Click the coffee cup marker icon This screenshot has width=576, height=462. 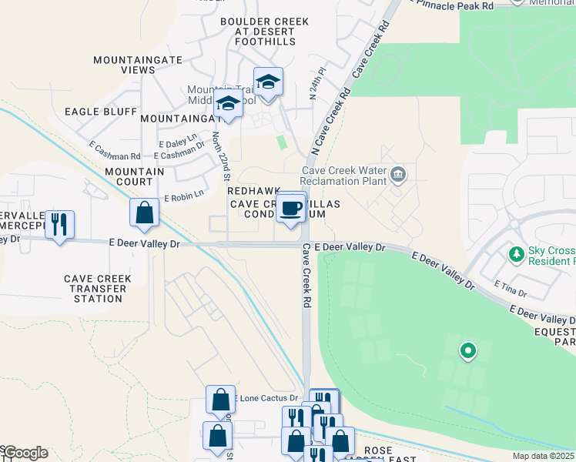tap(290, 208)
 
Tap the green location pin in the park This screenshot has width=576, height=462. tap(467, 352)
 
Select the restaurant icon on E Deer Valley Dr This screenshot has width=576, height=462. tap(59, 225)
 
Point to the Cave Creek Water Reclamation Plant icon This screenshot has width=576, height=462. tap(398, 174)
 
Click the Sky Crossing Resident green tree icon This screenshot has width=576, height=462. tap(517, 253)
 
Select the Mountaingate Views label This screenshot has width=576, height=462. tap(124, 65)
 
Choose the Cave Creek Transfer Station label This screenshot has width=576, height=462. tap(98, 288)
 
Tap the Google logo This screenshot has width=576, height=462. tap(25, 453)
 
